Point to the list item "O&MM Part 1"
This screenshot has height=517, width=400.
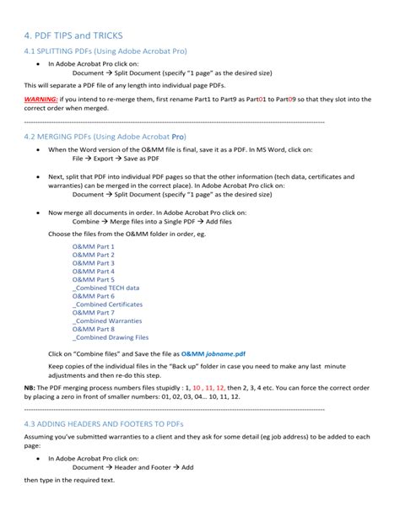tap(93, 246)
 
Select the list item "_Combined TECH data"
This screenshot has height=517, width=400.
tap(106, 288)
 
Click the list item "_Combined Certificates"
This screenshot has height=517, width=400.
tap(107, 304)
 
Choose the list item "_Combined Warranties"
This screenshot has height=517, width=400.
tap(106, 321)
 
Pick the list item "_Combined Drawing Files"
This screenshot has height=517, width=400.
tap(111, 337)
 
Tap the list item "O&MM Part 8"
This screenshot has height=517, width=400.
tap(93, 329)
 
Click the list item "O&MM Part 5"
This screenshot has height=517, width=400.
tap(93, 279)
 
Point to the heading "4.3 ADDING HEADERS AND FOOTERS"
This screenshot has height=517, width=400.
tap(104, 423)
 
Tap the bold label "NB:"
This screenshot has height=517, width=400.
tap(30, 387)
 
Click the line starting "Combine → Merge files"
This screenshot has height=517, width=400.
tap(146, 221)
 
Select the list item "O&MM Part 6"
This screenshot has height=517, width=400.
tap(93, 296)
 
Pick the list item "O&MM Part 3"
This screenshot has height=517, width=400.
tap(93, 263)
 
